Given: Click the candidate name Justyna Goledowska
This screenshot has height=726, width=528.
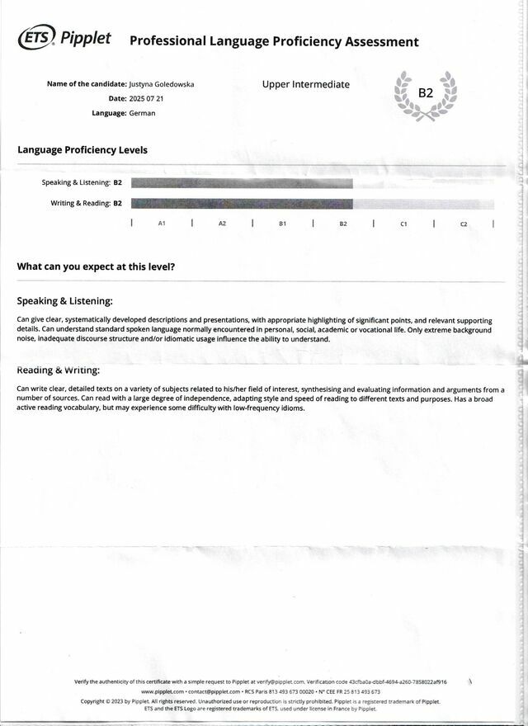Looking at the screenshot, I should pyautogui.click(x=163, y=84).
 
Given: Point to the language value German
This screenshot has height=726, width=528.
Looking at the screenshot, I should pyautogui.click(x=143, y=113).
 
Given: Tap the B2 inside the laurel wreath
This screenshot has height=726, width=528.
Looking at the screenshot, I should pyautogui.click(x=426, y=92).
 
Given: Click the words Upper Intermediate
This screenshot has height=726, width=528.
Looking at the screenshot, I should pyautogui.click(x=305, y=84).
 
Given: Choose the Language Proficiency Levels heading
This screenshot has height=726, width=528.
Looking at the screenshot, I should pyautogui.click(x=82, y=150).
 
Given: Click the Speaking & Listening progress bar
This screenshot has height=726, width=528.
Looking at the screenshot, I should pyautogui.click(x=242, y=183).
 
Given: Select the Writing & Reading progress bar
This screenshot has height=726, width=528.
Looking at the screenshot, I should pyautogui.click(x=242, y=203).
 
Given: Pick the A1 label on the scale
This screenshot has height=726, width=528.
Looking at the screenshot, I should pyautogui.click(x=162, y=224).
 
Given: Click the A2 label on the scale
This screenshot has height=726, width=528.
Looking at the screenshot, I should pyautogui.click(x=222, y=224).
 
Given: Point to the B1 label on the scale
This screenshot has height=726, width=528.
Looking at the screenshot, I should pyautogui.click(x=282, y=224).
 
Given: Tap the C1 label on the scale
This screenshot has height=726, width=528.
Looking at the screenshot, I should pyautogui.click(x=403, y=224).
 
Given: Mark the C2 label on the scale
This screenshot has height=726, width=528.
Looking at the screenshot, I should pyautogui.click(x=464, y=224).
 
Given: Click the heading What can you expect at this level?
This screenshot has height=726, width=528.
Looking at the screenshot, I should pyautogui.click(x=96, y=266).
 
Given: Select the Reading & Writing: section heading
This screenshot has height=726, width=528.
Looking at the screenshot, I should pyautogui.click(x=59, y=370).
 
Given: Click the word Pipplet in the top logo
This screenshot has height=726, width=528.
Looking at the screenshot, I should pyautogui.click(x=86, y=38).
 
